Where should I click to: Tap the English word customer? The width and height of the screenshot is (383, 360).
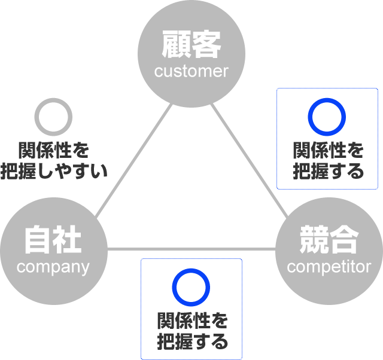(x=191, y=72)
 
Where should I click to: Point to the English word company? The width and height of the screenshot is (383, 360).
(x=53, y=267)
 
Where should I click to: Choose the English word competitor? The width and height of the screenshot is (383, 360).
(x=329, y=267)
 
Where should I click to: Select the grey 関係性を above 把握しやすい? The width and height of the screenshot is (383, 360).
(x=54, y=150)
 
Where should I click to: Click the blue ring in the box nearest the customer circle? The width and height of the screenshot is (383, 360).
(x=327, y=117)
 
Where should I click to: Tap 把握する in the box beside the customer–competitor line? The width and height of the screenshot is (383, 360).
(x=327, y=172)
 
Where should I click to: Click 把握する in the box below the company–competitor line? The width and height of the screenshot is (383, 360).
(x=192, y=342)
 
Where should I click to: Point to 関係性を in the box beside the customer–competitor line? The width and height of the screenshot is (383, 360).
(x=327, y=150)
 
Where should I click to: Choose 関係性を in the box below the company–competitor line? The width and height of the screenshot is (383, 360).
(x=192, y=321)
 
